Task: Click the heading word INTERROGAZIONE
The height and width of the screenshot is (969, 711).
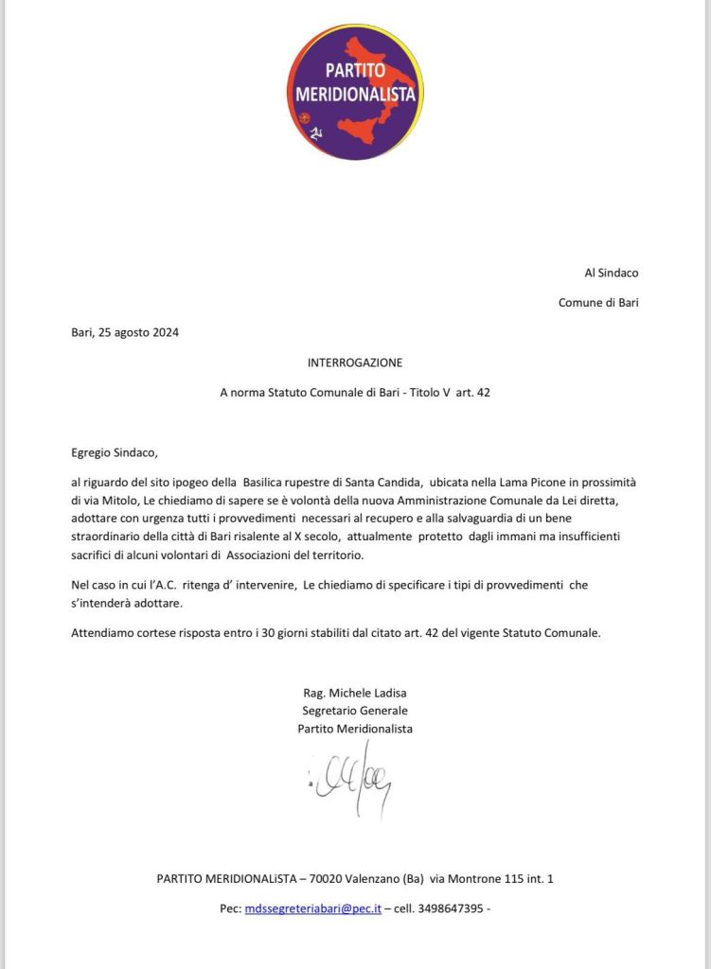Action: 355,362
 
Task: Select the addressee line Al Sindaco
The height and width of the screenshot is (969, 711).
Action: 612,273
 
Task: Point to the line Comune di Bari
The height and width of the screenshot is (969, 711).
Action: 598,303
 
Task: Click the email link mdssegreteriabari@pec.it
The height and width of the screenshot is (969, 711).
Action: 312,908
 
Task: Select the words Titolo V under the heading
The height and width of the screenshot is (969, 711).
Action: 417,392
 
